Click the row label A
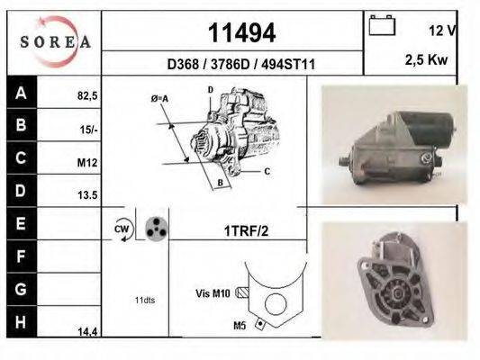tap(21, 93)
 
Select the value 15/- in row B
tap(87, 129)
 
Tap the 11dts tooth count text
tap(145, 300)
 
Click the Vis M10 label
tap(213, 292)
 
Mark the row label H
tap(21, 321)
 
